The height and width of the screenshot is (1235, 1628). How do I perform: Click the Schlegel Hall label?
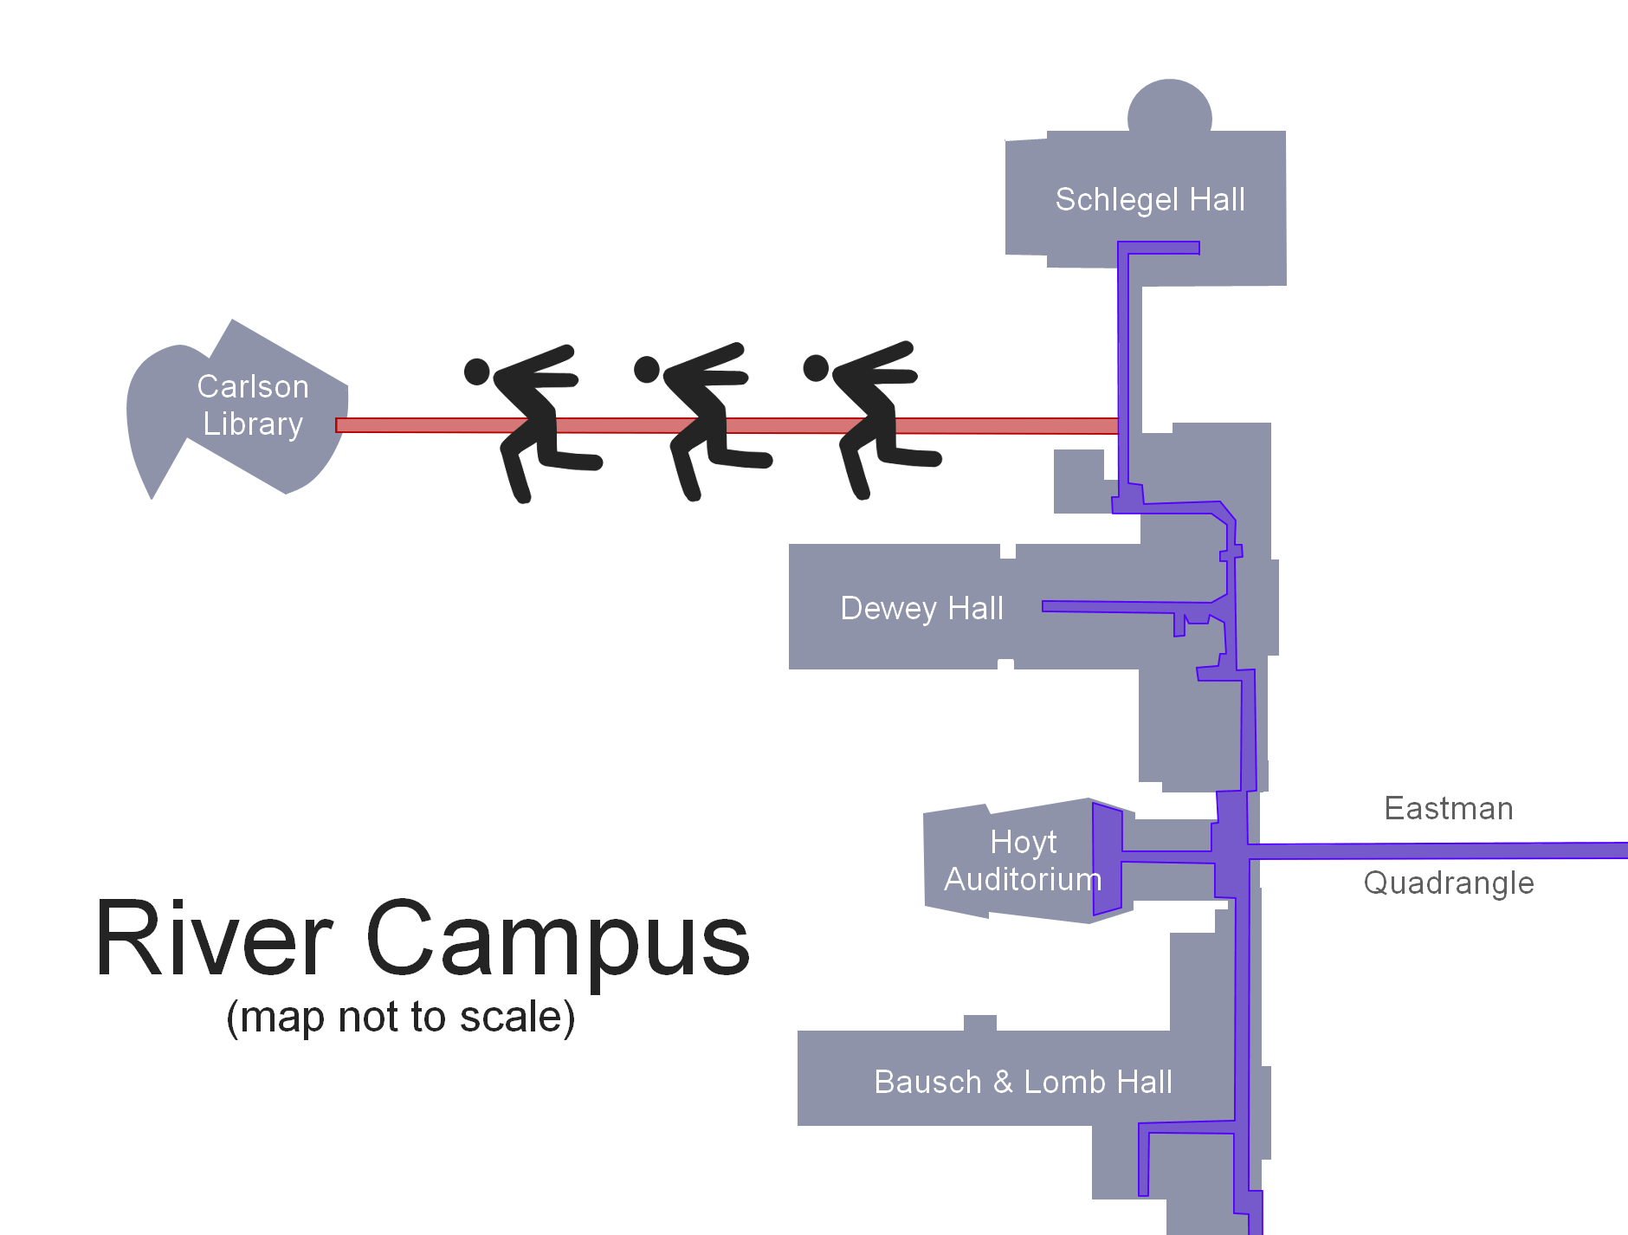[x=1150, y=200]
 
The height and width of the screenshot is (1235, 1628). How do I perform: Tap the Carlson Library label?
[x=253, y=405]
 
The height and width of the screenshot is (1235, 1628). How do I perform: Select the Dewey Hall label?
[x=921, y=608]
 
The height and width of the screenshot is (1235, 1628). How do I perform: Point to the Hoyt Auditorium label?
[x=1023, y=861]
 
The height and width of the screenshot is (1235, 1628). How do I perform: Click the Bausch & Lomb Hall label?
[x=1023, y=1083]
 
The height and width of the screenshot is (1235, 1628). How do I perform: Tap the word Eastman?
[x=1448, y=809]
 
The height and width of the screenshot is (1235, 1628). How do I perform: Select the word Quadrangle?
[x=1448, y=883]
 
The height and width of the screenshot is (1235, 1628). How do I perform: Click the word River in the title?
[x=214, y=940]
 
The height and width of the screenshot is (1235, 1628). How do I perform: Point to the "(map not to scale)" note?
[x=400, y=1017]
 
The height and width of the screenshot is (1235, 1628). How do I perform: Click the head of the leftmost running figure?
[x=477, y=372]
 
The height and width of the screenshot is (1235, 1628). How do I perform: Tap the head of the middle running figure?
[x=647, y=370]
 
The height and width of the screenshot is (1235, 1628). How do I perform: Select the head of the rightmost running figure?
[x=816, y=368]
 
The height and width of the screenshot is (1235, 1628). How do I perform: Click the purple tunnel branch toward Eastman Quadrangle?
[x=1437, y=850]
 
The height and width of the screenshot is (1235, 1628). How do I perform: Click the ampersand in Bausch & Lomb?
[x=1003, y=1083]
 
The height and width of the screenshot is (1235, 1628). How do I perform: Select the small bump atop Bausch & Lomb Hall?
[x=979, y=1023]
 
